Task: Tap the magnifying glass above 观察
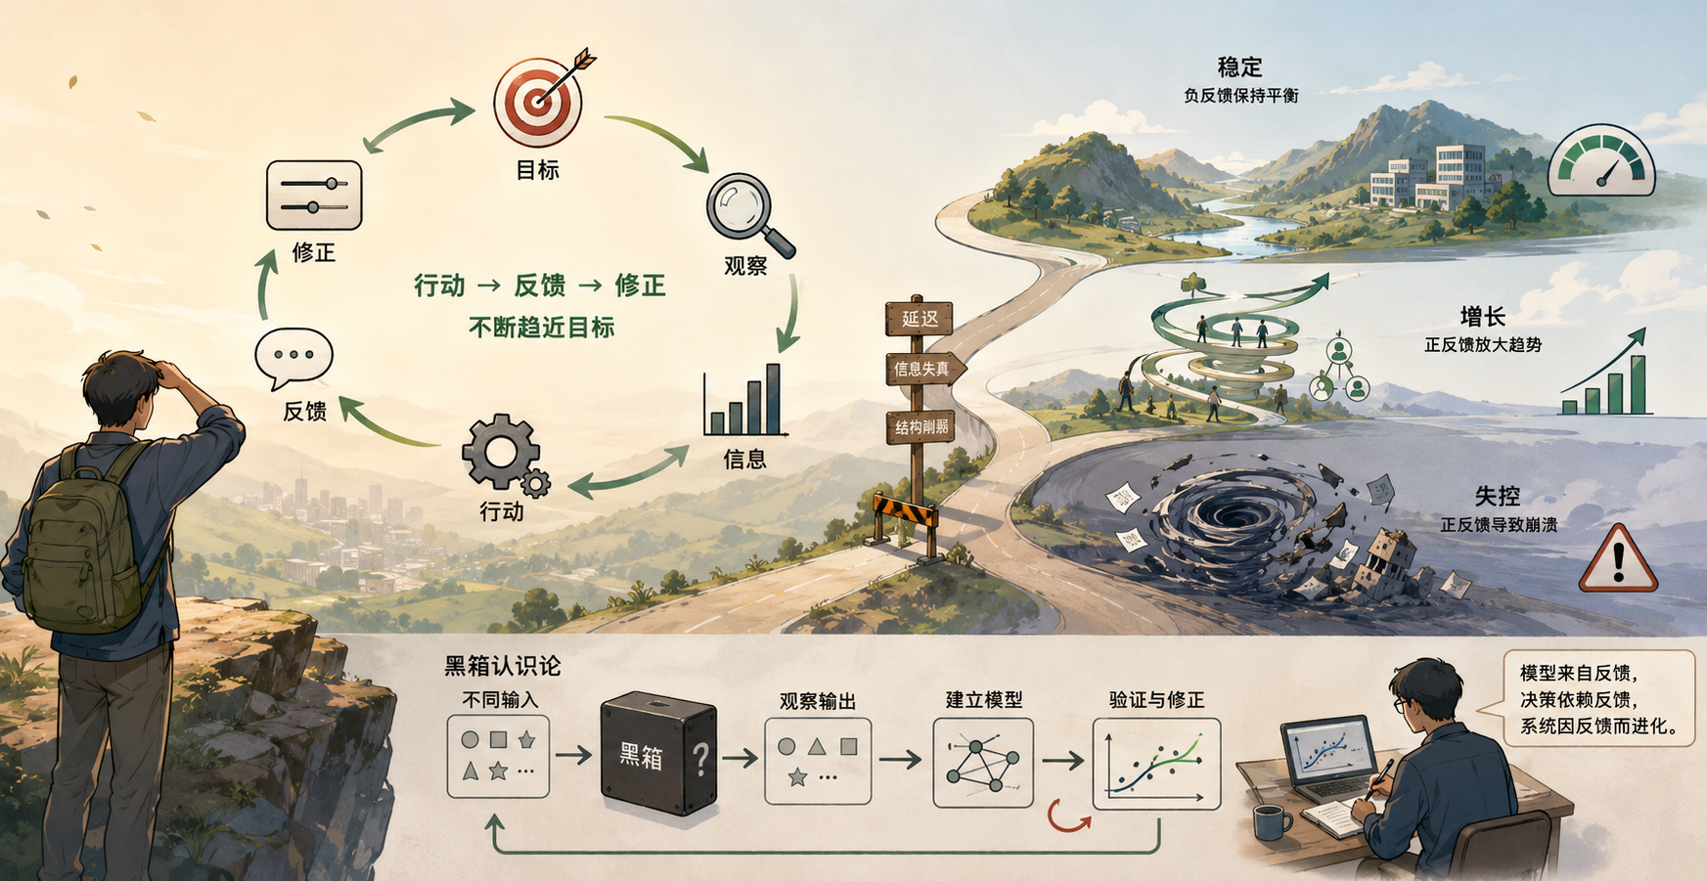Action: pyautogui.click(x=748, y=215)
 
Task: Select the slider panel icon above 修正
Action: pyautogui.click(x=314, y=196)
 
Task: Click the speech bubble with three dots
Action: pyautogui.click(x=293, y=359)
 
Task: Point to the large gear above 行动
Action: pyautogui.click(x=501, y=452)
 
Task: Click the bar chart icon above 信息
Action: pyautogui.click(x=744, y=400)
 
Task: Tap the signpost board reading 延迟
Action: pyautogui.click(x=919, y=318)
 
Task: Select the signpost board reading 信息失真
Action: pyautogui.click(x=924, y=369)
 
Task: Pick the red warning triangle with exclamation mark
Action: pyautogui.click(x=1618, y=559)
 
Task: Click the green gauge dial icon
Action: pyautogui.click(x=1601, y=159)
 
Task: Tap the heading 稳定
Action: pyautogui.click(x=1239, y=67)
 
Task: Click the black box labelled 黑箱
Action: pyautogui.click(x=658, y=753)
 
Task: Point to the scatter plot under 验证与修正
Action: pyautogui.click(x=1156, y=764)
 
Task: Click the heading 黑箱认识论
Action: pyautogui.click(x=503, y=667)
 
